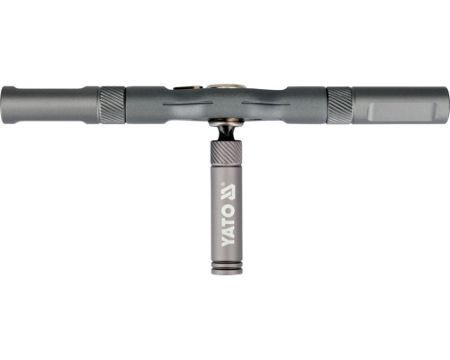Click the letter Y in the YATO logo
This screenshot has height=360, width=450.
click(x=228, y=240)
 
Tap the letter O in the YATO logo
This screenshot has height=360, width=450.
click(x=228, y=211)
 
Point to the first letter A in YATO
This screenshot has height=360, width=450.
click(x=228, y=229)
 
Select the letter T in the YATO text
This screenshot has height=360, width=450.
click(x=228, y=220)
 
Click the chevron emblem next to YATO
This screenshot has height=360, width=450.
click(x=228, y=193)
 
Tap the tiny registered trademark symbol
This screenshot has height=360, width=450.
click(x=222, y=183)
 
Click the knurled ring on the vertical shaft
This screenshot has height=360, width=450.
click(x=226, y=152)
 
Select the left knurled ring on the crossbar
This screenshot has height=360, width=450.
click(x=112, y=105)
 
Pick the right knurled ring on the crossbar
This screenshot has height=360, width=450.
click(x=339, y=105)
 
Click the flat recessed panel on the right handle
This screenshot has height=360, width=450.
click(x=403, y=112)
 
